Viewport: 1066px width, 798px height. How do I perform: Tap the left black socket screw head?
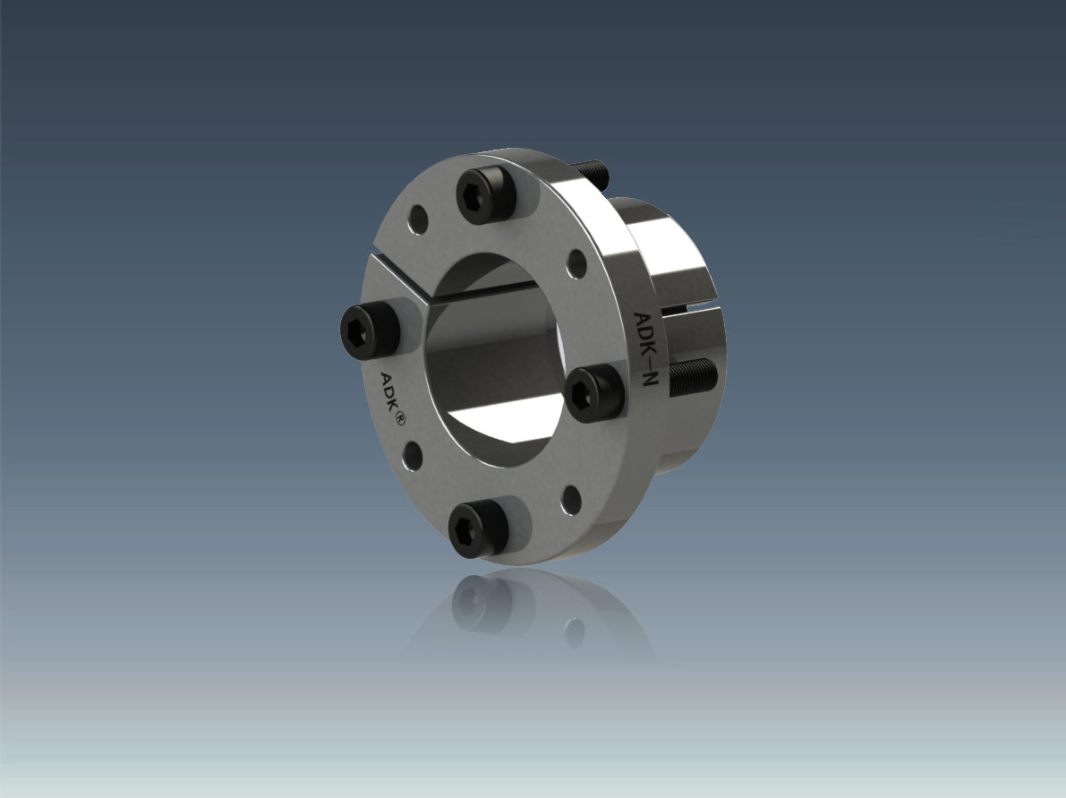(x=369, y=332)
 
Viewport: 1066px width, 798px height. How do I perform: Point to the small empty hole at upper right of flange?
(x=576, y=264)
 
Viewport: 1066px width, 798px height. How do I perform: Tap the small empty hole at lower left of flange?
(x=412, y=456)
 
